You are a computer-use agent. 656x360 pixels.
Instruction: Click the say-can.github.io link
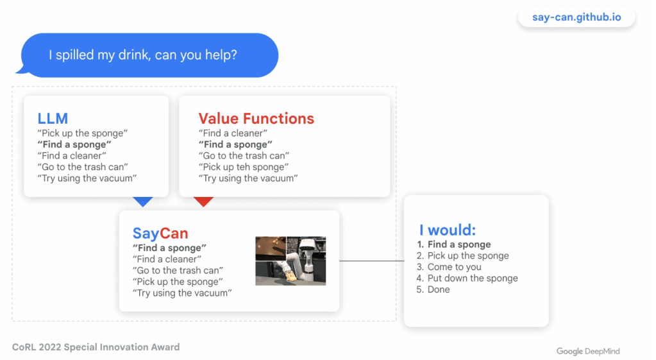tap(576, 17)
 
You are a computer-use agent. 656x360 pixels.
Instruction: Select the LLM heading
tap(53, 119)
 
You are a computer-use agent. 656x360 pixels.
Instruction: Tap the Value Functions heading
tap(256, 119)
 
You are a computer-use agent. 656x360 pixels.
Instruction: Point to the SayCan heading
tap(160, 233)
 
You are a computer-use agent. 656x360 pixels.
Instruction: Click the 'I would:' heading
tap(447, 230)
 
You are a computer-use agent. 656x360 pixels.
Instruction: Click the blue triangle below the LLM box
tap(142, 201)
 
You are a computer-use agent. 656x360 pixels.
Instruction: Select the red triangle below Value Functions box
tap(204, 201)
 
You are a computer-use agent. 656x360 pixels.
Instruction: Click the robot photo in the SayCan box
tap(290, 261)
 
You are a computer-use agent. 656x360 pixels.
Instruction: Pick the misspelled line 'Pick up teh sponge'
tap(244, 167)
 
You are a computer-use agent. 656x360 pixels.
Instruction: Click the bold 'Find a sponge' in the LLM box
tap(74, 144)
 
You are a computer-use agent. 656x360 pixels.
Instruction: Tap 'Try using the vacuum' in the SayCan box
tap(182, 293)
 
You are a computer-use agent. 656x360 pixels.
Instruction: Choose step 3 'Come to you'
tap(449, 267)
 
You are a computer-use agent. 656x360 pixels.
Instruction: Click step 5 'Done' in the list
tap(433, 289)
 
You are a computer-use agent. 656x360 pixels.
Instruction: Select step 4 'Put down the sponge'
tap(467, 279)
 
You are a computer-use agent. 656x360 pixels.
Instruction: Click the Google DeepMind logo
tap(588, 351)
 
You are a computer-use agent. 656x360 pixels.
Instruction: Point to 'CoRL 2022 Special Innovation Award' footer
tap(96, 347)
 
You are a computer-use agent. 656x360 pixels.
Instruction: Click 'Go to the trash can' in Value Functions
tap(244, 156)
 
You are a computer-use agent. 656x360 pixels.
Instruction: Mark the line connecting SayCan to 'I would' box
tap(371, 261)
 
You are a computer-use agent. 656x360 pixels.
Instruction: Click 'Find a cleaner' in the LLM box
tap(72, 156)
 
